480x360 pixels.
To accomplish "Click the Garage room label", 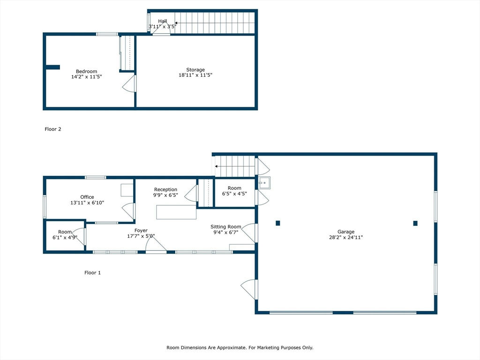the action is coord(346,232).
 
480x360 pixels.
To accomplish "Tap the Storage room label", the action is coord(195,69).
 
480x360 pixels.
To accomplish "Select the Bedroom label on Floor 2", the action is coord(86,71).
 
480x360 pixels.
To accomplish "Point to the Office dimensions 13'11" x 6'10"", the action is coord(87,202).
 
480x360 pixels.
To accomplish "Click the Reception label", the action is coord(165,189).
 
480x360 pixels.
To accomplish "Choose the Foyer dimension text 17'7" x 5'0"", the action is coord(141,236).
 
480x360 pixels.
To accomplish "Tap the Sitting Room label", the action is coord(225,226).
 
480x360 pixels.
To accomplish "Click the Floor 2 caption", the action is coord(53,129).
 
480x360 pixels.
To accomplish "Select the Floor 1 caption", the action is coord(92,272).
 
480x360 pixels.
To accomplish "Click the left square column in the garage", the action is coord(278,223).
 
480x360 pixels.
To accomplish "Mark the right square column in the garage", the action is coord(415,223).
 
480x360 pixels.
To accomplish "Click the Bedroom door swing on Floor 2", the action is coord(129,83).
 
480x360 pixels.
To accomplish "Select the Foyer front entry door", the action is coord(156,244).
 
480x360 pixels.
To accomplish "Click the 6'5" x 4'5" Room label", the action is coord(234,191).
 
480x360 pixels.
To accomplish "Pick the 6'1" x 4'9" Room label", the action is coord(65,234).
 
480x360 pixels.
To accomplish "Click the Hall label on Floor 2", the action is coord(163,21).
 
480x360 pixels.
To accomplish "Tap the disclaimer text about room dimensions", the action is coord(240,347).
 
